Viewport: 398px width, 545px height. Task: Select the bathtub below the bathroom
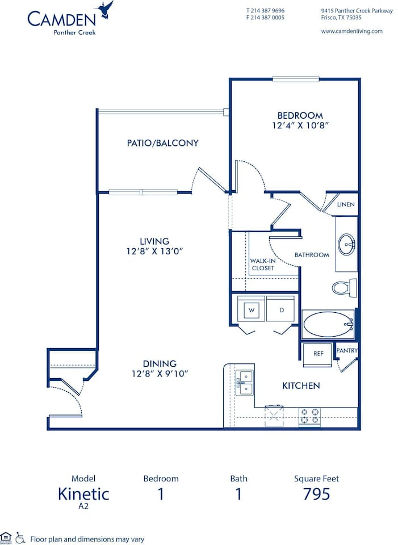click(328, 325)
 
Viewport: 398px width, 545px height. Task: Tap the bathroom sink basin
click(346, 245)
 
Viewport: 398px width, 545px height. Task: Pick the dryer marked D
click(281, 311)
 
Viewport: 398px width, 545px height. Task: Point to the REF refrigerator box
click(318, 353)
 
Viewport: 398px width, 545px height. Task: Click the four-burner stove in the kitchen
click(310, 417)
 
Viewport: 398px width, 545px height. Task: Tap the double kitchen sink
click(246, 382)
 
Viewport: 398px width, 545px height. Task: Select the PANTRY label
click(347, 351)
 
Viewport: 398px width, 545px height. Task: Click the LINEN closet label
click(346, 204)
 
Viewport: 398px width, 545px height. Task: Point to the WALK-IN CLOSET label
click(262, 265)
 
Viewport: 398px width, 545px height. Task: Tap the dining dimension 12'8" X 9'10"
click(160, 373)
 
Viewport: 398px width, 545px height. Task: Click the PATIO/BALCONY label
click(162, 143)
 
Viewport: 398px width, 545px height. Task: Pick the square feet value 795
click(316, 494)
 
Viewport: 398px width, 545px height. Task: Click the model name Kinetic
click(83, 493)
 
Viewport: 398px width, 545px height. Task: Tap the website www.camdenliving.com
click(351, 31)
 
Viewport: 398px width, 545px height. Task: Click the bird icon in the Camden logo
click(105, 10)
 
